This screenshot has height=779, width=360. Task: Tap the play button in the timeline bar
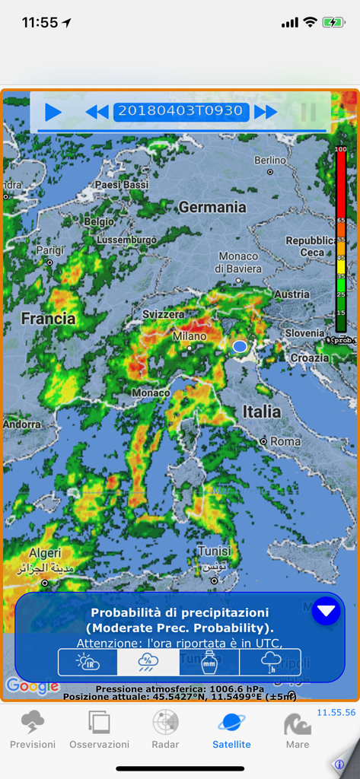(53, 113)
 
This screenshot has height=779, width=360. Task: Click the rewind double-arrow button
(97, 113)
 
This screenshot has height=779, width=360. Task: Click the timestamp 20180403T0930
(181, 111)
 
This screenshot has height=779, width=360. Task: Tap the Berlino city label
(270, 161)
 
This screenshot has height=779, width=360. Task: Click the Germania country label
(212, 207)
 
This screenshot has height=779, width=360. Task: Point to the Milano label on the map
(190, 336)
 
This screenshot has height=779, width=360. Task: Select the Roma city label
(285, 441)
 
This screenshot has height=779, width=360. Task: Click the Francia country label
(48, 319)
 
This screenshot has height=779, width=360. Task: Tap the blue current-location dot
(240, 347)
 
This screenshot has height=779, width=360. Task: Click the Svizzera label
(163, 314)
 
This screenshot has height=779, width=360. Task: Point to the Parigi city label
(50, 250)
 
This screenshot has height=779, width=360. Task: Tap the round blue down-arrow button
(326, 611)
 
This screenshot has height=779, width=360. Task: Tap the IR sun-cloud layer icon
(88, 662)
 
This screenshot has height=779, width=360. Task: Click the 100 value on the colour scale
(340, 149)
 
